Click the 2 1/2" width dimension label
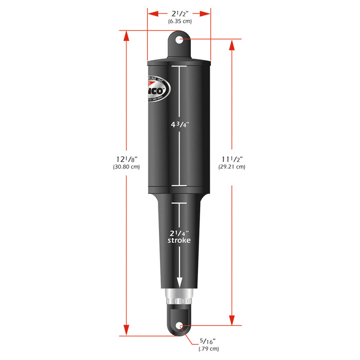coord(179,14)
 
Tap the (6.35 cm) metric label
coord(179,22)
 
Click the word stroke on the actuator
coord(179,240)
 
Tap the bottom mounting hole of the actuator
coord(179,326)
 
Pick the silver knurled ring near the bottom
coord(179,297)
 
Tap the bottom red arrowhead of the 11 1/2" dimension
coord(231,319)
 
